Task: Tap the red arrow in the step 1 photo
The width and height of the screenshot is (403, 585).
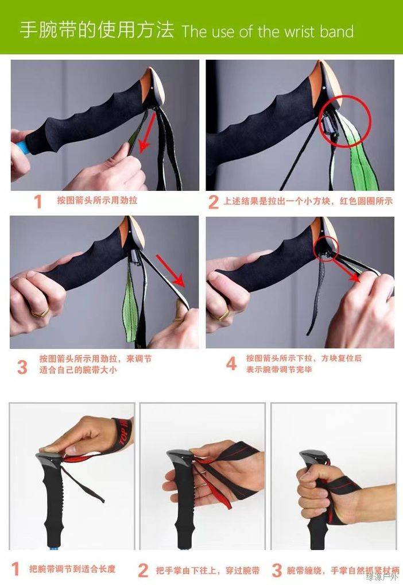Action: click(x=148, y=132)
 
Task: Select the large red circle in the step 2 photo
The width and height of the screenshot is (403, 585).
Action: click(x=346, y=120)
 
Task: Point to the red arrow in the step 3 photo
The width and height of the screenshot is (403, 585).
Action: click(x=170, y=271)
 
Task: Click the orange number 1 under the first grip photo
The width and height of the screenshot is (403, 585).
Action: click(x=38, y=202)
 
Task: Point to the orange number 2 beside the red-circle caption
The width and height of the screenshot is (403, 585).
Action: click(x=213, y=202)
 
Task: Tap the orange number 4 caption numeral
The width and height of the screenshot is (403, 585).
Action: click(x=231, y=363)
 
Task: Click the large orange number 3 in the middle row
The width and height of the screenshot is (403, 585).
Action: click(x=22, y=367)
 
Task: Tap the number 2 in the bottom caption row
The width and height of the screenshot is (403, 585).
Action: click(x=143, y=571)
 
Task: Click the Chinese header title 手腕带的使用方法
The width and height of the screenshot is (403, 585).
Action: click(x=97, y=30)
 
